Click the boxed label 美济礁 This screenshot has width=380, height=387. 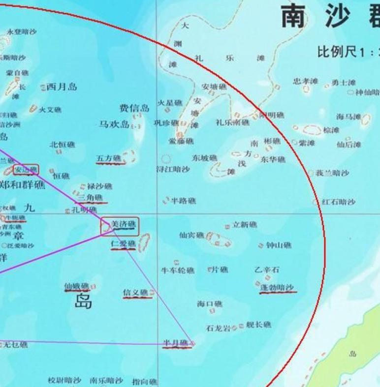[123, 225]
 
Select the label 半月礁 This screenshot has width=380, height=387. [176, 343]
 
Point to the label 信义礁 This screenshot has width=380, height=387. [135, 293]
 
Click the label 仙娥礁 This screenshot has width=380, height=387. [76, 286]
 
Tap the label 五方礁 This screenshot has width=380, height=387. [108, 158]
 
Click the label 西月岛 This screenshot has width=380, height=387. [62, 87]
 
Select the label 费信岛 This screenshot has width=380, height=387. [134, 108]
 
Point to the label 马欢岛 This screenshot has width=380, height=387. [114, 124]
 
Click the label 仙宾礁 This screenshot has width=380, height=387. [191, 236]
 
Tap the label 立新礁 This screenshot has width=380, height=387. [245, 225]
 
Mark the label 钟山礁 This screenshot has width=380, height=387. [279, 245]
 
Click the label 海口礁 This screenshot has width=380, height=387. [210, 304]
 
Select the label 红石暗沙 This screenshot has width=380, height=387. [339, 202]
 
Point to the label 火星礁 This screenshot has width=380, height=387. [169, 103]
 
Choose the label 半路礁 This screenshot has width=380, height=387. [183, 201]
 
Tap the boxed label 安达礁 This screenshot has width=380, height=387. [26, 170]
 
